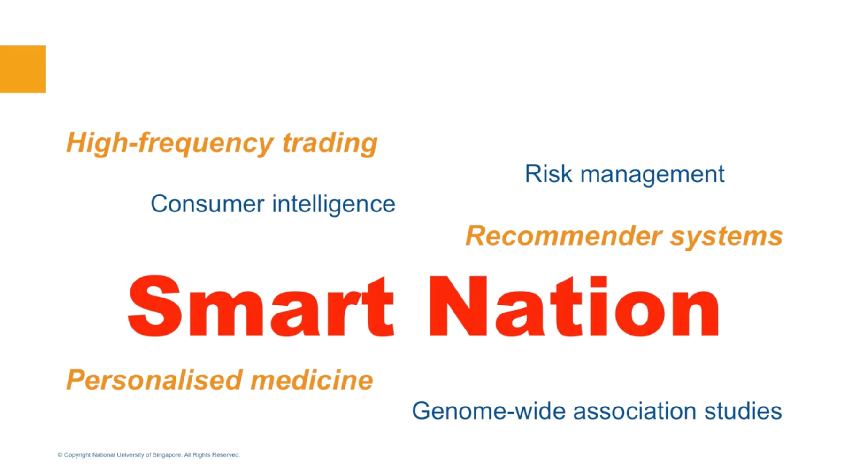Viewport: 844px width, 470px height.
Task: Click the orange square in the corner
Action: [23, 69]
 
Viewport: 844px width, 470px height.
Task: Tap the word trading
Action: [330, 143]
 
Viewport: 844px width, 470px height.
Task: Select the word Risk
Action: [549, 174]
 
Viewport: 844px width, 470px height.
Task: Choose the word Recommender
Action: [564, 236]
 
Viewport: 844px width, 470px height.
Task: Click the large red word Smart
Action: [261, 306]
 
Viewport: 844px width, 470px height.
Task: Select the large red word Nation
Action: [574, 306]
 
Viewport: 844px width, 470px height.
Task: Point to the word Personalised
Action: [154, 380]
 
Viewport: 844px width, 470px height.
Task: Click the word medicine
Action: [312, 380]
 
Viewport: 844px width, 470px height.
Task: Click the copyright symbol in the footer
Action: [60, 455]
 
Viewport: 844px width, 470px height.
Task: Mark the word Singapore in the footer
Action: [167, 455]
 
